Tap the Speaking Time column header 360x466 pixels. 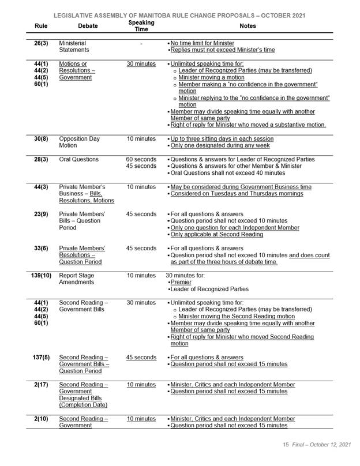pyautogui.click(x=141, y=25)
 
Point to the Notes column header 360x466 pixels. pyautogui.click(x=250, y=27)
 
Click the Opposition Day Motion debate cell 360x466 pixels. pyautogui.click(x=80, y=142)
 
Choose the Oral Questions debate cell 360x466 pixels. pyautogui.click(x=79, y=159)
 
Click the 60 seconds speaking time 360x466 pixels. pyautogui.click(x=141, y=159)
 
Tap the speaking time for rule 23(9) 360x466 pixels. pyautogui.click(x=141, y=214)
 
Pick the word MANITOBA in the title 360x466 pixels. pyautogui.click(x=152, y=15)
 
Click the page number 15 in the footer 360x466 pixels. pyautogui.click(x=285, y=445)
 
